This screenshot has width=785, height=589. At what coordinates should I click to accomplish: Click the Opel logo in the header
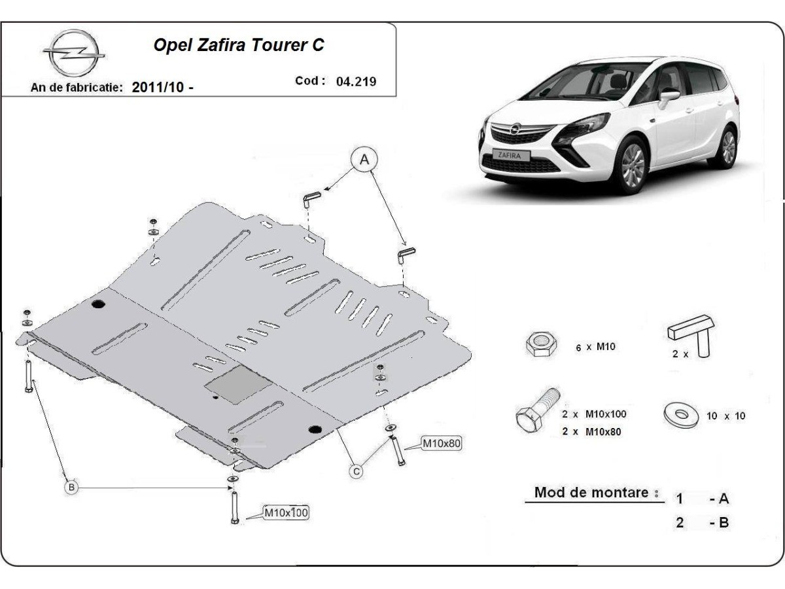point(73,54)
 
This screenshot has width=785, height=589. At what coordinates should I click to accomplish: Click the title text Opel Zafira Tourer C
point(238,45)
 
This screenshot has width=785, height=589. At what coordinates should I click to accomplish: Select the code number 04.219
point(356,82)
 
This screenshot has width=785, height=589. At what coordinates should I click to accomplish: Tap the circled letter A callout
point(365,159)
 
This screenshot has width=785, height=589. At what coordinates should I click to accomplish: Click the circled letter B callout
point(72,486)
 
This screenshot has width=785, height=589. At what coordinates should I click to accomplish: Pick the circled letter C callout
point(356,471)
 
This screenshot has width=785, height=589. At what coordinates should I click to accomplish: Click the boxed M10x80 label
point(442,444)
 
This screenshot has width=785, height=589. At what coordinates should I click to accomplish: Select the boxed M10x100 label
point(286,512)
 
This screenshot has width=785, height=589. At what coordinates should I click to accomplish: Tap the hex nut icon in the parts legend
point(542,344)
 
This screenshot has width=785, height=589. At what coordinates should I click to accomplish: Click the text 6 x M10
point(596,348)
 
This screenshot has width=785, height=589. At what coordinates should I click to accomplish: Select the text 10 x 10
point(725,416)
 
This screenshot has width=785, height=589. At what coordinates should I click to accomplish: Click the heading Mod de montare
point(592,492)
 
